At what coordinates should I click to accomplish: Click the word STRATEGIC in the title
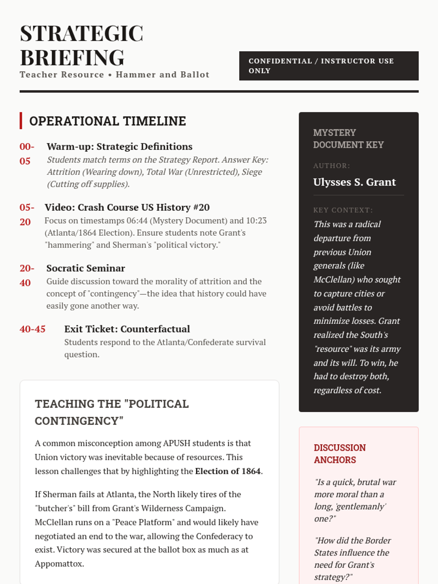[x=81, y=34]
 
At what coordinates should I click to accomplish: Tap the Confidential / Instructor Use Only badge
[x=328, y=66]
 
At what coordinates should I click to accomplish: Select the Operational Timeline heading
[x=108, y=121]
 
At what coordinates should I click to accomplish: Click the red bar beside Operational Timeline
[x=21, y=121]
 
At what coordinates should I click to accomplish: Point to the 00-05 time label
[x=27, y=154]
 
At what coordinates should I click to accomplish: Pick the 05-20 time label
[x=27, y=215]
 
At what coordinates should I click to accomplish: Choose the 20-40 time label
[x=27, y=275]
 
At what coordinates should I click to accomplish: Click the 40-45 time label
[x=32, y=329]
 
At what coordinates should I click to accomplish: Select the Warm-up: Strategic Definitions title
[x=119, y=146]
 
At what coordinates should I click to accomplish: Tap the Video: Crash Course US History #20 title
[x=127, y=207]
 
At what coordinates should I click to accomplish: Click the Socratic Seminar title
[x=86, y=268]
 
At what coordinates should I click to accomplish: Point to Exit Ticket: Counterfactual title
[x=127, y=329]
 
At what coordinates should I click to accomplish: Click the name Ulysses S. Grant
[x=354, y=182]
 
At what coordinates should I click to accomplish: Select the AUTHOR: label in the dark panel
[x=331, y=166]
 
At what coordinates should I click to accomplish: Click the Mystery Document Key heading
[x=348, y=139]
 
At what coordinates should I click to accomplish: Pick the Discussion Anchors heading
[x=339, y=454]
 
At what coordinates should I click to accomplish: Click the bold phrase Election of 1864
[x=228, y=471]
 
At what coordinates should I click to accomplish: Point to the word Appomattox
[x=59, y=564]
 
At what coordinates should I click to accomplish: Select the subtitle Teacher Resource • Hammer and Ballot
[x=115, y=75]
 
